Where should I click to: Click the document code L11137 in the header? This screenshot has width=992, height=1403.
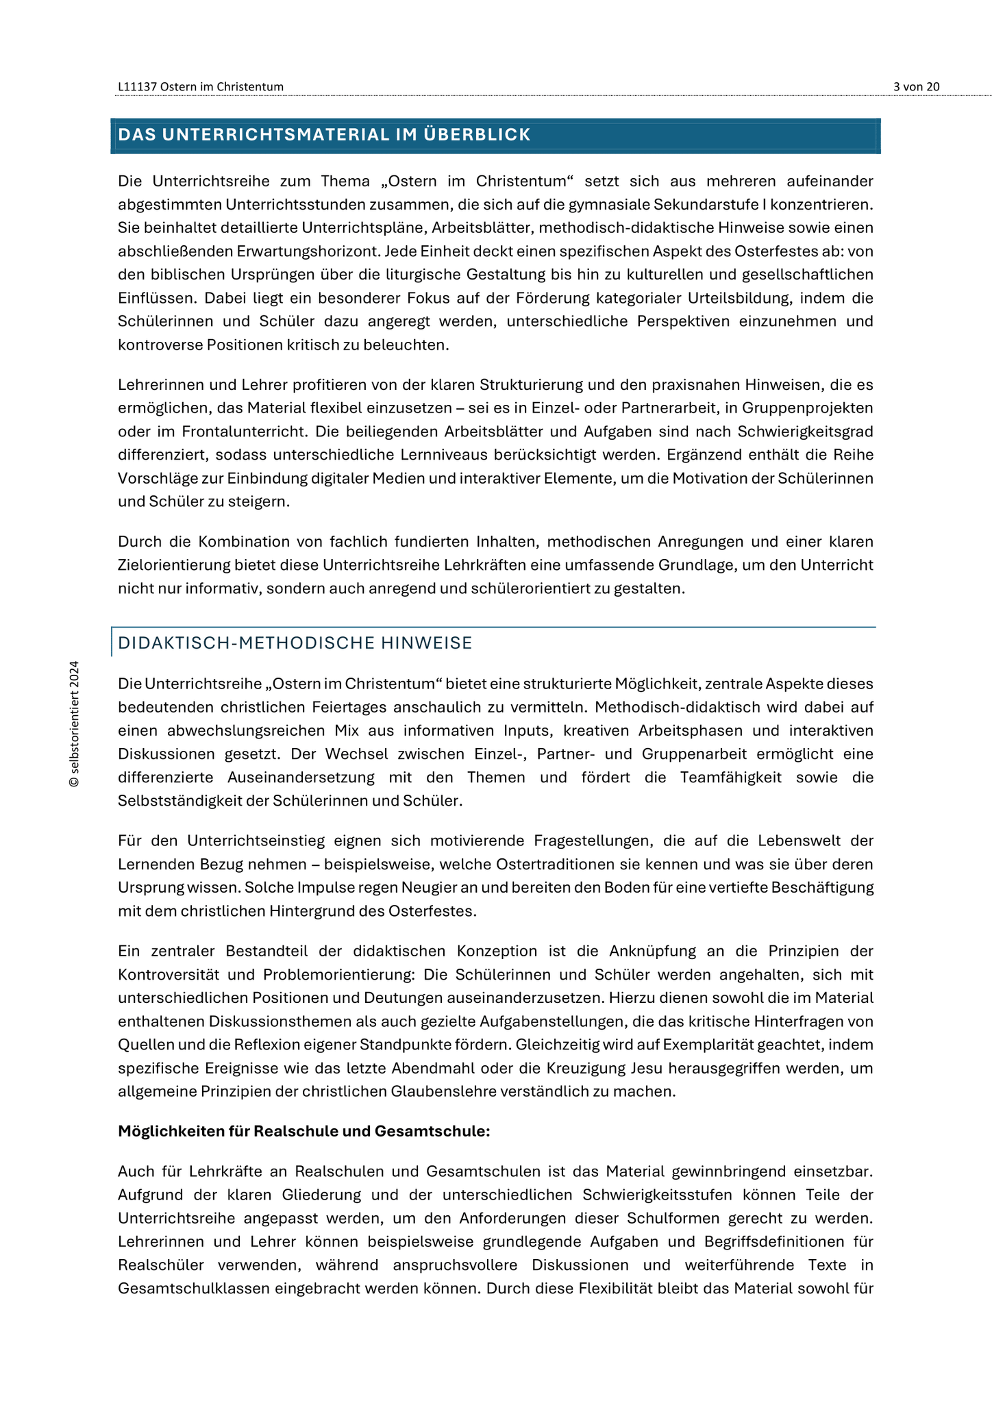(138, 86)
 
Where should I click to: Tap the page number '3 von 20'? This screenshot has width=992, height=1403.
(916, 86)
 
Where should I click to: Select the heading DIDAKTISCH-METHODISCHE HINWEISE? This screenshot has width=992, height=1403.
(295, 643)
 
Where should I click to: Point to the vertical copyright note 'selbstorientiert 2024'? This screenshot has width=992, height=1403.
(74, 723)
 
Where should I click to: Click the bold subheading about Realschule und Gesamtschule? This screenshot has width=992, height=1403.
(303, 1131)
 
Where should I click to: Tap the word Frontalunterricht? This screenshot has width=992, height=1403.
(243, 432)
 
